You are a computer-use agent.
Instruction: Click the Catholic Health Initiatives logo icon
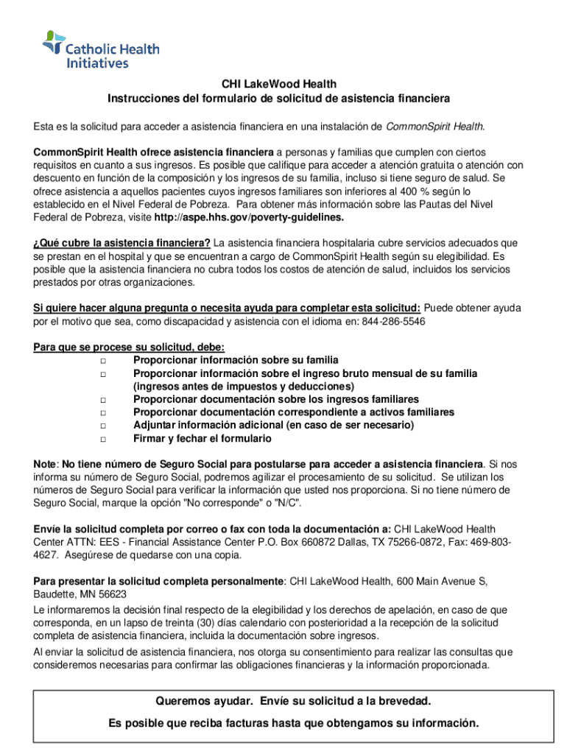click(54, 43)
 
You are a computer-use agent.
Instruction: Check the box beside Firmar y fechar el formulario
click(103, 439)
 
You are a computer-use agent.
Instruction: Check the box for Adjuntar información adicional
click(103, 426)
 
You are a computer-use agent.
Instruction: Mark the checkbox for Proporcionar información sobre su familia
click(103, 360)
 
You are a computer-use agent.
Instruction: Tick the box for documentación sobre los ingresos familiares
click(103, 399)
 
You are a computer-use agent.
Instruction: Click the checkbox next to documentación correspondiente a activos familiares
click(103, 412)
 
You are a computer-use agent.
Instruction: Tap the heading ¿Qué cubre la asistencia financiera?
click(122, 243)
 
